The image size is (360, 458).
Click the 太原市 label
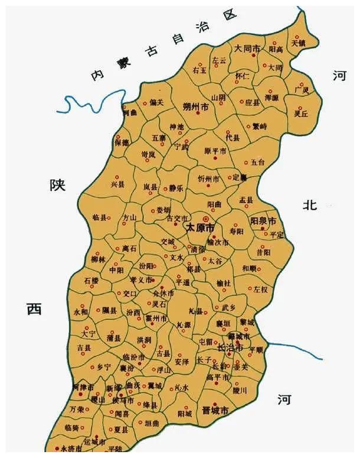pos(200,227)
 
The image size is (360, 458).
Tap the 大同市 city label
pos(247,49)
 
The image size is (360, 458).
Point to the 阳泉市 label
pos(263,221)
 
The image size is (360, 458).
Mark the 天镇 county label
pos(299,42)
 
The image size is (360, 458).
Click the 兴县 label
pos(118,185)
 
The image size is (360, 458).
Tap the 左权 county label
pos(260,289)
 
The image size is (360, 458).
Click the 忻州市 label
pos(208,178)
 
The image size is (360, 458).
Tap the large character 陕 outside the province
pos(57,185)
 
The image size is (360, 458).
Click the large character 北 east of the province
pos(310,205)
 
